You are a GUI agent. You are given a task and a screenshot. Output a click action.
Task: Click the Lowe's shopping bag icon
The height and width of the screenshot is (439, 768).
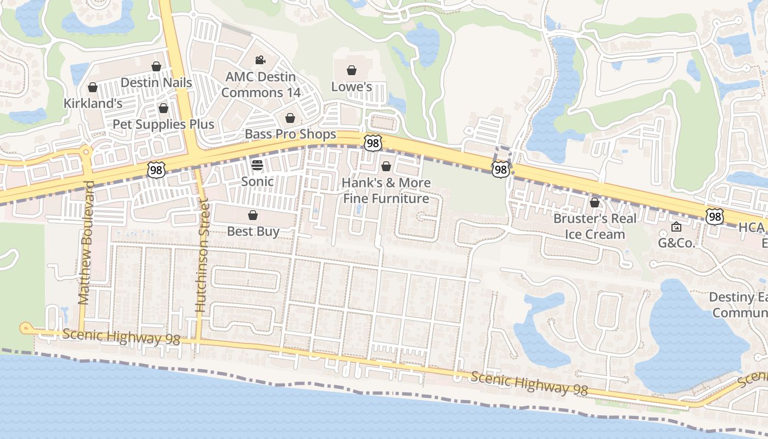tap(352, 70)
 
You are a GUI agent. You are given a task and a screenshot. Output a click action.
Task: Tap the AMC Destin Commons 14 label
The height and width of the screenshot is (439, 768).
tap(261, 85)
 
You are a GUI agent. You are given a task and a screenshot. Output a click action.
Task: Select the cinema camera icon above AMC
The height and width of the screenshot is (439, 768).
tap(260, 59)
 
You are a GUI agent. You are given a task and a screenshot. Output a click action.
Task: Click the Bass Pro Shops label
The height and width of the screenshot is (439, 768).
tap(290, 134)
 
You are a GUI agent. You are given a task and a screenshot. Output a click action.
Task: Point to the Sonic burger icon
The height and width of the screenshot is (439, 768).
tap(257, 165)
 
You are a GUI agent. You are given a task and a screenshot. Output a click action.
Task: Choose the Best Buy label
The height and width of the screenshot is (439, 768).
tap(253, 231)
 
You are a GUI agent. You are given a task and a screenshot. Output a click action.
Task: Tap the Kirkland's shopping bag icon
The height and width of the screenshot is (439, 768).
tap(93, 87)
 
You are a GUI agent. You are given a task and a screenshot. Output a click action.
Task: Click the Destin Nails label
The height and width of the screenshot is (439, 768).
tap(156, 83)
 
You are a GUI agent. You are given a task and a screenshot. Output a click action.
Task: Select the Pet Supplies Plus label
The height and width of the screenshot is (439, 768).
tap(163, 124)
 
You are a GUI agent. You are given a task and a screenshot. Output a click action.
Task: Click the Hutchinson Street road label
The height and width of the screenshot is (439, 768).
tap(202, 256)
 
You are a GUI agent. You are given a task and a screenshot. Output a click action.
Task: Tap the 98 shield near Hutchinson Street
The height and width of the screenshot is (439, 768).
tap(156, 171)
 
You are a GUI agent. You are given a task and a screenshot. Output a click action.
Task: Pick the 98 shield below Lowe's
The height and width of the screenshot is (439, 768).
tap(372, 143)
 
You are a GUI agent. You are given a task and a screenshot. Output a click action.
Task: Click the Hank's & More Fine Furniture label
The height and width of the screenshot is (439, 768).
tap(386, 190)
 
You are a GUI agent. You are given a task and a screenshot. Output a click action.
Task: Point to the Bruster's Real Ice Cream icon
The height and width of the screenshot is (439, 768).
tap(595, 202)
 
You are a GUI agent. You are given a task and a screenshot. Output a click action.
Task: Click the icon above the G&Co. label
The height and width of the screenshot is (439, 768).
tap(676, 226)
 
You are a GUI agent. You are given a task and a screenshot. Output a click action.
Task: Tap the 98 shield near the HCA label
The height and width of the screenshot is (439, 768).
tap(715, 217)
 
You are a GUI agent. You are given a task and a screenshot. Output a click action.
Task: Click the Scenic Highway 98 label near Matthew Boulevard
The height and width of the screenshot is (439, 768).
tap(121, 337)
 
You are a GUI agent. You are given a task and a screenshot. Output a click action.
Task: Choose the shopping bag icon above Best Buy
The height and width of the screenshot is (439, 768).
tap(253, 215)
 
